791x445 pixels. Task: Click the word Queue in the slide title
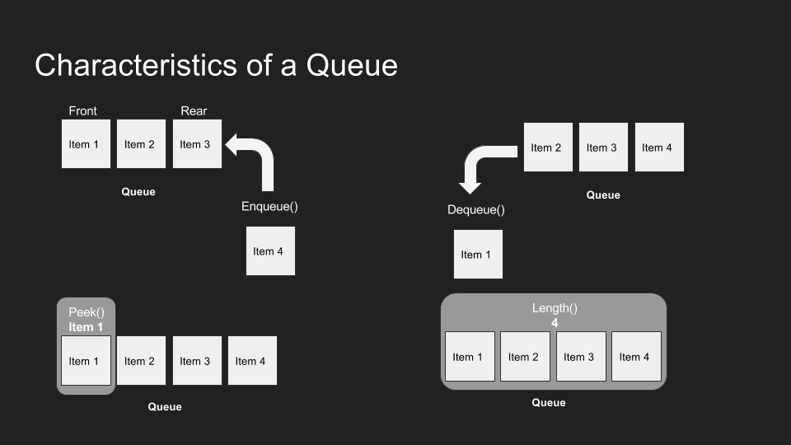(x=352, y=65)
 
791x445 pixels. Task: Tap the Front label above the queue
(x=82, y=111)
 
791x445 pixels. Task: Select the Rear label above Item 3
(x=194, y=111)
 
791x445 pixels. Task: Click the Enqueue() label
(x=269, y=206)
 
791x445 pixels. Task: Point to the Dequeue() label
(x=476, y=210)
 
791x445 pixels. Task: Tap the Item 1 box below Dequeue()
(x=478, y=255)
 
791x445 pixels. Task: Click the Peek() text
(x=87, y=313)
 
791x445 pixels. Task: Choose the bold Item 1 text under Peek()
(x=87, y=327)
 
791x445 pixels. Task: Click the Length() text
(x=555, y=308)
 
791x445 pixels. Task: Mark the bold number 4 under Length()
(x=555, y=323)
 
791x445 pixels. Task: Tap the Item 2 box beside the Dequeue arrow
(x=547, y=148)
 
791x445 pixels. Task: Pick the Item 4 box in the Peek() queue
(x=252, y=361)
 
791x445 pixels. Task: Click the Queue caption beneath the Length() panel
(x=549, y=403)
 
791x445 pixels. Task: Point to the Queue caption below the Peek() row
(x=165, y=407)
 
